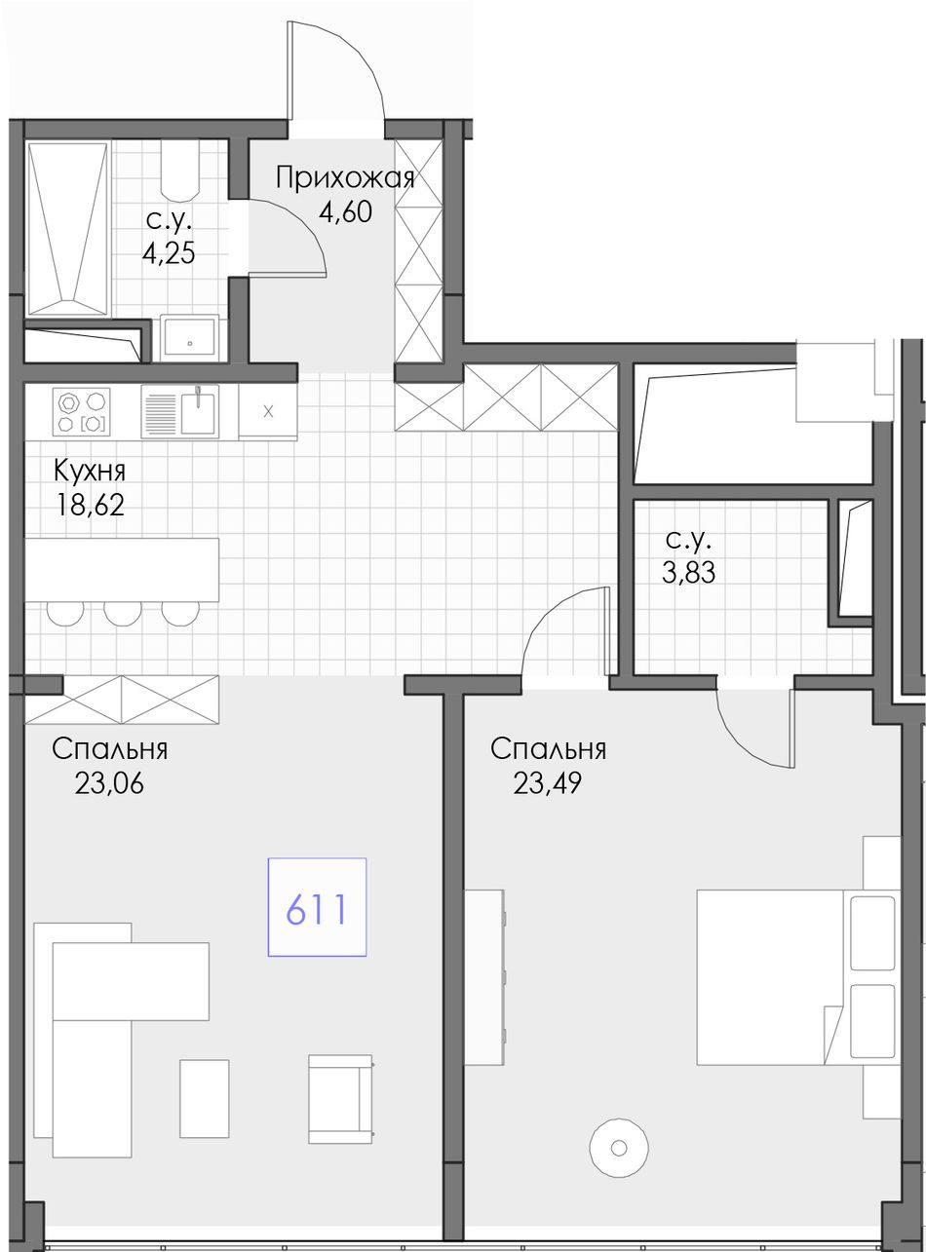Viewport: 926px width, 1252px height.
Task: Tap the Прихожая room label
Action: (x=345, y=178)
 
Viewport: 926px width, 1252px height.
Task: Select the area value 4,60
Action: (x=345, y=212)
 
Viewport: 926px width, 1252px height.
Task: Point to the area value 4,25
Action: (x=169, y=253)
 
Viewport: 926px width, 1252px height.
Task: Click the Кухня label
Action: (x=90, y=471)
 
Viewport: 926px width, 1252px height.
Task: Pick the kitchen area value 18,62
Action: (x=90, y=506)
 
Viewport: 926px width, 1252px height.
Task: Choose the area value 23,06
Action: (x=109, y=783)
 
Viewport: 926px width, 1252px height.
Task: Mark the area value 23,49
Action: (x=548, y=783)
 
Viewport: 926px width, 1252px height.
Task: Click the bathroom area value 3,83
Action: (x=689, y=571)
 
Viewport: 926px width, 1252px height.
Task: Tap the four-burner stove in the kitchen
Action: (x=81, y=411)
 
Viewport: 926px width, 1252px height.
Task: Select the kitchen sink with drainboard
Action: (x=180, y=411)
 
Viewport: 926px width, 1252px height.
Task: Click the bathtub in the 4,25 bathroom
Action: (x=67, y=229)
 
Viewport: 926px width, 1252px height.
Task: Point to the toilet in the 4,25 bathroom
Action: (x=180, y=170)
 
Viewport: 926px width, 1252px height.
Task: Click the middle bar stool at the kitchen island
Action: (x=123, y=613)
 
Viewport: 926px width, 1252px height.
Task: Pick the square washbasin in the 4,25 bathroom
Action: (x=189, y=337)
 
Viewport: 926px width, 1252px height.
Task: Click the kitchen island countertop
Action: (x=122, y=570)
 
